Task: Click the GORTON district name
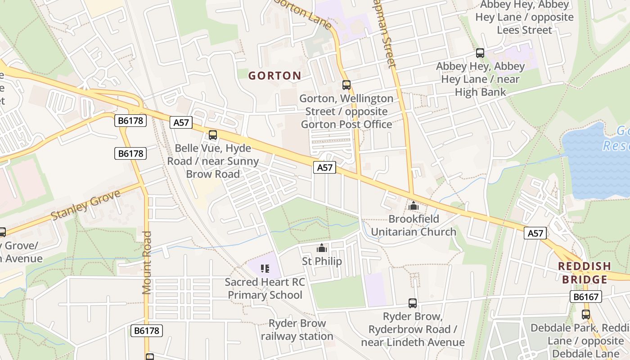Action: (274, 76)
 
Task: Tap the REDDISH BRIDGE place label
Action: (585, 273)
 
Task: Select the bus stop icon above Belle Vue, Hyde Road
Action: (213, 135)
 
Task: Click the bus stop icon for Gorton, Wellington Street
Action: (346, 85)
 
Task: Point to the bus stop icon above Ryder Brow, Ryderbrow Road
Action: (412, 303)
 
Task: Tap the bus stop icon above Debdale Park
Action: (585, 315)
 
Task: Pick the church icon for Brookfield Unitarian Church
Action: (413, 206)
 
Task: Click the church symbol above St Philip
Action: (321, 248)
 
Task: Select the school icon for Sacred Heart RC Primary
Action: (265, 269)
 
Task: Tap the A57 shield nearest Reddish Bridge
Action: (535, 233)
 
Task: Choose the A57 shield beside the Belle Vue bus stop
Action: (181, 122)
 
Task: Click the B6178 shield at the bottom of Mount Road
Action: (147, 331)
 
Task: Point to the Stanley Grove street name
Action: (86, 205)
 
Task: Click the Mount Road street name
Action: (147, 262)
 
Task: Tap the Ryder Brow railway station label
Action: (297, 330)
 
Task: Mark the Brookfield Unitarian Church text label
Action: (413, 225)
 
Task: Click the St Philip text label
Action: (321, 261)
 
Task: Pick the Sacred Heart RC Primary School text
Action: (265, 288)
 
